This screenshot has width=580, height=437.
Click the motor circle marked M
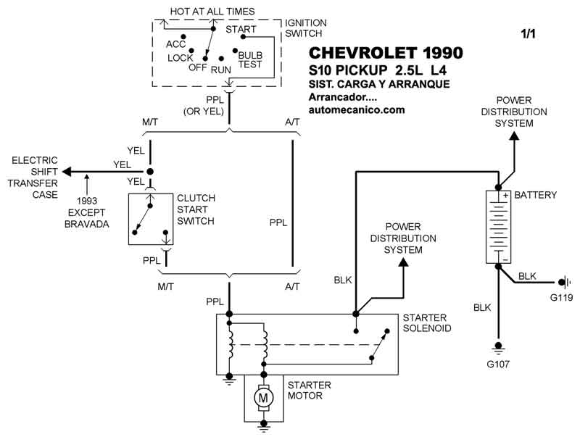[x=264, y=397]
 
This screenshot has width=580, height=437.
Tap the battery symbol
[x=497, y=226]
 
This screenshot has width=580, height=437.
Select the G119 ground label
[x=558, y=297]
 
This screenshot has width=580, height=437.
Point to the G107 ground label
[x=497, y=364]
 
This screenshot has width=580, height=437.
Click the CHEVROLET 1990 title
[x=386, y=54]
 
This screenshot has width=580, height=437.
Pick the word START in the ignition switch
[x=241, y=30]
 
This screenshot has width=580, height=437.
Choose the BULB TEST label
[x=250, y=59]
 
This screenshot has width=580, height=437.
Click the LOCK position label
[x=181, y=58]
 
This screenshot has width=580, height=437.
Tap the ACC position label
[x=176, y=43]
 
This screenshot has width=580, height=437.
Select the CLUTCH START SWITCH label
[x=196, y=209]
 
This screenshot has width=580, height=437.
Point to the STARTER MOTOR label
[x=309, y=390]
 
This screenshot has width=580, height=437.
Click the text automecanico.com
[x=356, y=110]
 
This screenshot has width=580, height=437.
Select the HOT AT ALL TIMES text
[x=212, y=11]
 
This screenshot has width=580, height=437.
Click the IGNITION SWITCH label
[x=305, y=28]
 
